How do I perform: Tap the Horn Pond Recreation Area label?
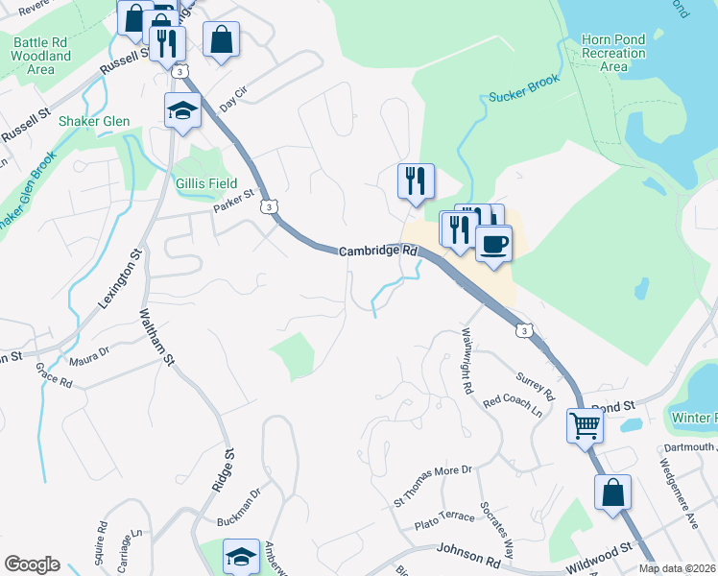tap(613, 54)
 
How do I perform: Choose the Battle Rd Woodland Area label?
tap(41, 57)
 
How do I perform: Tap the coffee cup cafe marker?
tap(493, 243)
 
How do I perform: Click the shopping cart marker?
tap(585, 425)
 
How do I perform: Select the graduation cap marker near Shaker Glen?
tap(181, 111)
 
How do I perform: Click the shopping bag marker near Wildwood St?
tap(612, 493)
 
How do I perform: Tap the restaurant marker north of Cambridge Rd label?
tap(416, 180)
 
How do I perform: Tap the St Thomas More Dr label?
tap(434, 486)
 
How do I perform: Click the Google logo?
tap(32, 564)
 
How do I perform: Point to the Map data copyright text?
tap(677, 568)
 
